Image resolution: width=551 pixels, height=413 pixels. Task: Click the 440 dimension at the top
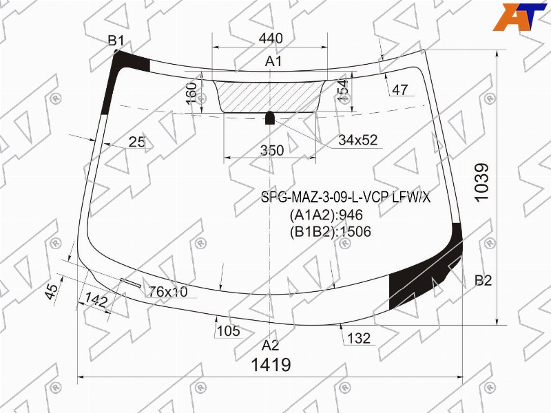(x=271, y=39)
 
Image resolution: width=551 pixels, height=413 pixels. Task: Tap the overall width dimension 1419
(x=271, y=365)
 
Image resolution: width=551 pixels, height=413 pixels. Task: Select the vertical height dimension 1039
(x=481, y=182)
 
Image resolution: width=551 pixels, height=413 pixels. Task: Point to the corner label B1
(x=116, y=41)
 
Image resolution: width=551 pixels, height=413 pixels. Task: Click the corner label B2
(x=484, y=280)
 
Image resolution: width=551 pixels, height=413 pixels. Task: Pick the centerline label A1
(x=273, y=61)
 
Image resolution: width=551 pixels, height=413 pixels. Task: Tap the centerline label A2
(x=270, y=346)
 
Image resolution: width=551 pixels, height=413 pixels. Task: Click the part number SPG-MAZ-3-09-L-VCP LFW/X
(x=346, y=198)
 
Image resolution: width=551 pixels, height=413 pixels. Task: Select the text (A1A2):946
(x=326, y=215)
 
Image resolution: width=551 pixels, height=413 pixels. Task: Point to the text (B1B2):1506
(x=331, y=232)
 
